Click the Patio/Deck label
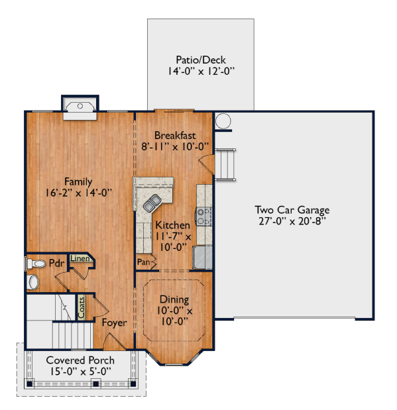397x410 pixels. pos(200,60)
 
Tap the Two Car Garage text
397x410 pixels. pos(292,210)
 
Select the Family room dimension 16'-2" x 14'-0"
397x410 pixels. pos(78,193)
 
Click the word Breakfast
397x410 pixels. pos(175,135)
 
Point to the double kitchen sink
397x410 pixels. pos(152,203)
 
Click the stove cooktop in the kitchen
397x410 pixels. pos(203,217)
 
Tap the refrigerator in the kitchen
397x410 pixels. pos(202,257)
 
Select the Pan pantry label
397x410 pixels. pos(144,262)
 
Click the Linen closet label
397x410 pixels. pos(80,258)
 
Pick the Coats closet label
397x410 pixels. pos(82,307)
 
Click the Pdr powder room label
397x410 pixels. pos(56,264)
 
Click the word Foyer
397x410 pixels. pos(115,323)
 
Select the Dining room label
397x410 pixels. pos(174,299)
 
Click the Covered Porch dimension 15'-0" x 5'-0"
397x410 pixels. pos(81,372)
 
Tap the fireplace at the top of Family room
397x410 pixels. pos(80,107)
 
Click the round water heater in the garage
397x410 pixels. pos(223,121)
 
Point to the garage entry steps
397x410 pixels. pos(225,164)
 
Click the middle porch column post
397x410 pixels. pos(96,384)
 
